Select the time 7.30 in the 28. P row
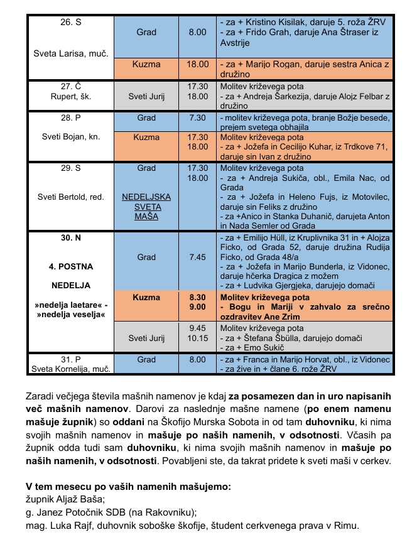click(x=197, y=118)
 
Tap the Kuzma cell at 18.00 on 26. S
click(x=146, y=64)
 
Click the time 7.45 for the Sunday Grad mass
click(x=197, y=257)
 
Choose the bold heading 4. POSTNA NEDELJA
click(x=71, y=274)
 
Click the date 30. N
click(x=71, y=239)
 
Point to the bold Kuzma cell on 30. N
click(x=146, y=296)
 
